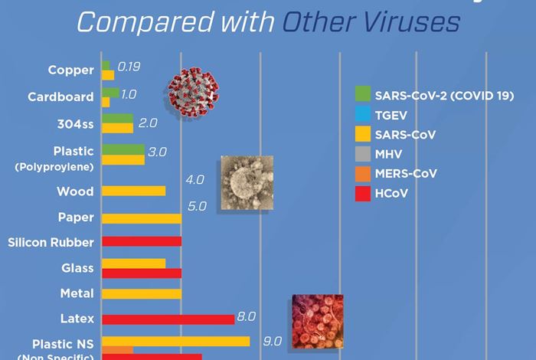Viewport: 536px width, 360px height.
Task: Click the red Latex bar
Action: [168, 319]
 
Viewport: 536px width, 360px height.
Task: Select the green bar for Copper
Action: [106, 65]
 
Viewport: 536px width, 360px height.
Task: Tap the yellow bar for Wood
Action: [133, 191]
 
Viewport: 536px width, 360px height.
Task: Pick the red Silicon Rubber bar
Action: [142, 241]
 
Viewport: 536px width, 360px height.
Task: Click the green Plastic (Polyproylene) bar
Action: [123, 149]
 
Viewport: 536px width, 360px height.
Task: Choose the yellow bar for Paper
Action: [142, 218]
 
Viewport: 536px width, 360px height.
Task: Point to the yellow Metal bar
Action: [142, 293]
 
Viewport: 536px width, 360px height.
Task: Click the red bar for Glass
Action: [142, 273]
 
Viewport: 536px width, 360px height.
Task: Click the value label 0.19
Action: [129, 69]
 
